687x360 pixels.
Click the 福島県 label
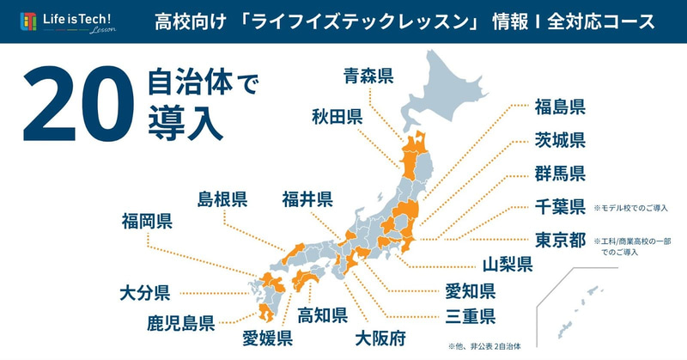tap(560, 107)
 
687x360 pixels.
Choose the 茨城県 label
tap(560, 140)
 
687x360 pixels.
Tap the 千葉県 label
tap(560, 207)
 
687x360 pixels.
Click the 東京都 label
tap(560, 241)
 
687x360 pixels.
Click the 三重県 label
tap(469, 316)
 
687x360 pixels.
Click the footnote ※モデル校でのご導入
tap(631, 208)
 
